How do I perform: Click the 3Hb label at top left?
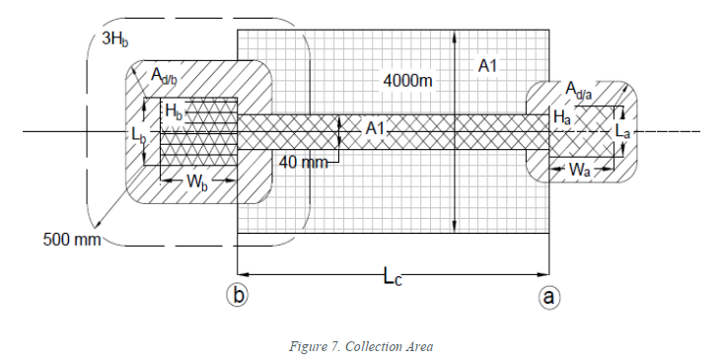[x=115, y=38]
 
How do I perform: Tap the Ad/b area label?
[x=164, y=75]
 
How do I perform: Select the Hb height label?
[x=174, y=111]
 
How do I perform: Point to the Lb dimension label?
[x=138, y=134]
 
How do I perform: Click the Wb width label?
[x=197, y=181]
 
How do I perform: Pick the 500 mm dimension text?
[x=71, y=240]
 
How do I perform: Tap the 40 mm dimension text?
[x=304, y=163]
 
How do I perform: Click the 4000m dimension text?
[x=408, y=81]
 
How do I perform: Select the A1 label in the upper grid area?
[x=488, y=66]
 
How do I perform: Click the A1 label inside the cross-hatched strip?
[x=375, y=128]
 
